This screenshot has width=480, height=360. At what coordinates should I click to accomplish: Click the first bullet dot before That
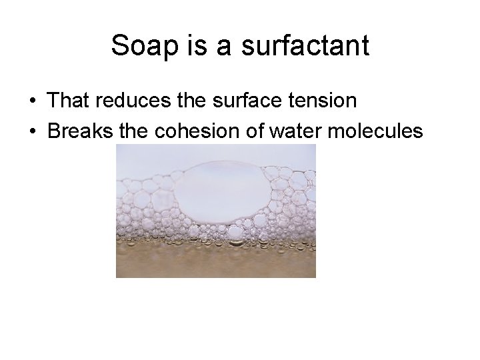[x=33, y=101]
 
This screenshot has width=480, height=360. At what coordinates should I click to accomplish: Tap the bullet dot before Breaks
[x=33, y=132]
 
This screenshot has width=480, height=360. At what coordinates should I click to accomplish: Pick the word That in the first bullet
[x=69, y=101]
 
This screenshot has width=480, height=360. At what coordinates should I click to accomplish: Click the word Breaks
[x=79, y=131]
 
